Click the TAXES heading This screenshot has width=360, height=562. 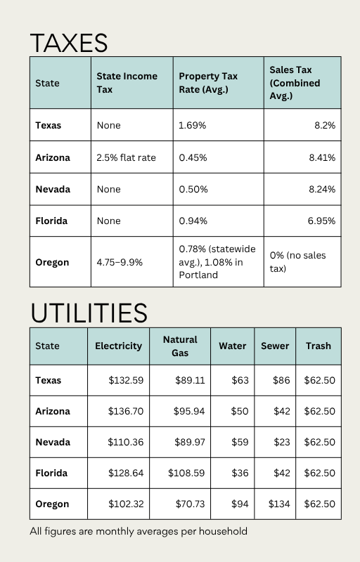[x=69, y=43]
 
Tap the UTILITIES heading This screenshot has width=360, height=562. [x=89, y=313]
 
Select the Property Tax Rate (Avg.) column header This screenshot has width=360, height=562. [x=208, y=83]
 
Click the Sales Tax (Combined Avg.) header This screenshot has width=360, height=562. [x=295, y=83]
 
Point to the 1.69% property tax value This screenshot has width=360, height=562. [x=193, y=126]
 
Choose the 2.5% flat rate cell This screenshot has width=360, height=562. [x=127, y=157]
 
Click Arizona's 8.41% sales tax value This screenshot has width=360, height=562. [x=322, y=157]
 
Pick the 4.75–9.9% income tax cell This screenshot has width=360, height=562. [x=120, y=262]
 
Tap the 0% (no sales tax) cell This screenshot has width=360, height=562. [x=297, y=262]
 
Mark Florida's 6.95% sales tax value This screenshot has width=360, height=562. [x=321, y=221]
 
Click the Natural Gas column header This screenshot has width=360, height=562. [x=180, y=346]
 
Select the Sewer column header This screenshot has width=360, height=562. [x=275, y=346]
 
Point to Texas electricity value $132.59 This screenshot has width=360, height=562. [x=126, y=380]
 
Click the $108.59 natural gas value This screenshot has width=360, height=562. [x=186, y=473]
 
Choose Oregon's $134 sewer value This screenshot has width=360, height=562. [x=279, y=504]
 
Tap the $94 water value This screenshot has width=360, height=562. [x=240, y=504]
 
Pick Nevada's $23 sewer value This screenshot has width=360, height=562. [x=282, y=443]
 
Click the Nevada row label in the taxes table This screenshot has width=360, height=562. [x=53, y=189]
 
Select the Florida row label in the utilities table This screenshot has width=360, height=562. [x=51, y=473]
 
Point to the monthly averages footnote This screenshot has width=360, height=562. [x=139, y=531]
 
